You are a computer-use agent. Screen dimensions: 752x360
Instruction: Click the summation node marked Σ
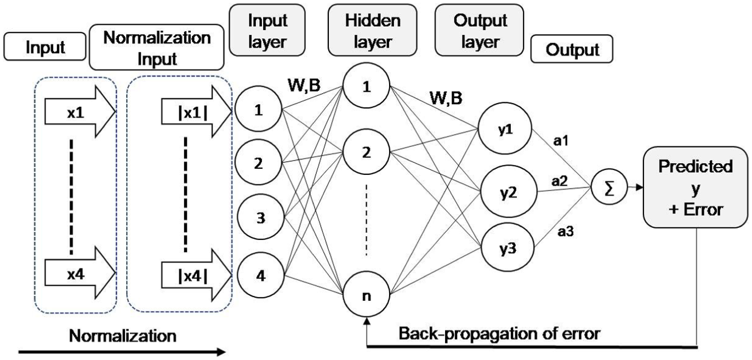coord(609,187)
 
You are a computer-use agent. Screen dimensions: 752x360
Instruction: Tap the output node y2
coord(509,192)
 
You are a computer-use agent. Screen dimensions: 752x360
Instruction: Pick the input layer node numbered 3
coord(260,217)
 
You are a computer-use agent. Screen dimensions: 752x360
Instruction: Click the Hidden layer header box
coord(372,30)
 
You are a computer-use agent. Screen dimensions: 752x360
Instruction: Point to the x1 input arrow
coord(80,112)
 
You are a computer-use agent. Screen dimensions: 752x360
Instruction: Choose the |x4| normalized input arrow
coord(196,275)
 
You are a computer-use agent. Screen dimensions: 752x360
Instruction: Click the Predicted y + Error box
coord(695,187)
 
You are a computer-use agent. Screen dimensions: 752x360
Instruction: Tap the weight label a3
coord(565,231)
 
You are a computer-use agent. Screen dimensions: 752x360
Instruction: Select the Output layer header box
coord(480,30)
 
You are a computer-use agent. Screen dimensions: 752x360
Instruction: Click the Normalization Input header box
coord(156,47)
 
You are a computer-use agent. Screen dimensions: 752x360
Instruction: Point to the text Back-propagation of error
coord(499,334)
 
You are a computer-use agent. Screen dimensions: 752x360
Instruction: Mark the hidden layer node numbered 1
coord(366,85)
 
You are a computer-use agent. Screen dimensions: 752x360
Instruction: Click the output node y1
coord(505,129)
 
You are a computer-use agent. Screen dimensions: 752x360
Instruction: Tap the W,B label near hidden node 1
coord(304,85)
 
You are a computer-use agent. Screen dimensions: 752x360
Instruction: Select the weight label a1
coord(561,141)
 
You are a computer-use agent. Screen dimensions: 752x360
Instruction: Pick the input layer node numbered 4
coord(260,275)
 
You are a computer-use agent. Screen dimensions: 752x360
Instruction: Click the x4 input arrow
coord(80,273)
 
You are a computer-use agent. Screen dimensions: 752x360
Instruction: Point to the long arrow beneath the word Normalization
coord(122,352)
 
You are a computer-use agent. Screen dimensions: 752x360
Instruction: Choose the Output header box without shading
coord(572,49)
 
